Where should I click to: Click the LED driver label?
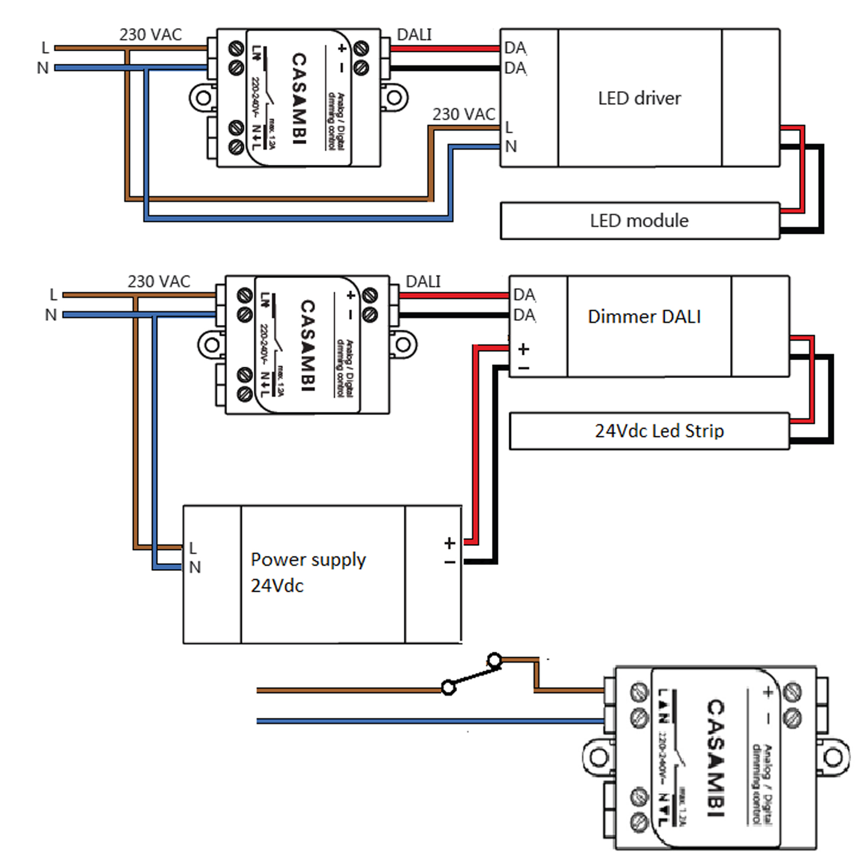click(639, 98)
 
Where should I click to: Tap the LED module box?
click(639, 221)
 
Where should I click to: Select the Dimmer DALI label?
click(644, 316)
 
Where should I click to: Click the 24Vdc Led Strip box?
click(659, 431)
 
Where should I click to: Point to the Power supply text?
click(308, 560)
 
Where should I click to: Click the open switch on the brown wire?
click(471, 674)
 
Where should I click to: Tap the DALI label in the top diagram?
click(414, 35)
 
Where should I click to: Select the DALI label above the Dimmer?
click(423, 281)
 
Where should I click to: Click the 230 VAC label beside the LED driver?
click(463, 114)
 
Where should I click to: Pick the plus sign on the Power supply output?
click(449, 543)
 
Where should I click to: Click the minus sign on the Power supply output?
click(449, 563)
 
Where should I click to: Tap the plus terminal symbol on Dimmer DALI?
click(523, 349)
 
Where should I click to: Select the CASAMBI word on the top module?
click(299, 98)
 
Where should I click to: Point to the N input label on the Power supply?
click(195, 568)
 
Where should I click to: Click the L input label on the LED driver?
click(509, 127)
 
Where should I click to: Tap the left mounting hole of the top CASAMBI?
click(204, 98)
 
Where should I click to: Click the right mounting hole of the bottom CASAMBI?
click(833, 757)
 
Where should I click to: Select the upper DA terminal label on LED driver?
click(515, 48)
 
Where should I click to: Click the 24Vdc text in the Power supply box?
click(277, 586)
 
